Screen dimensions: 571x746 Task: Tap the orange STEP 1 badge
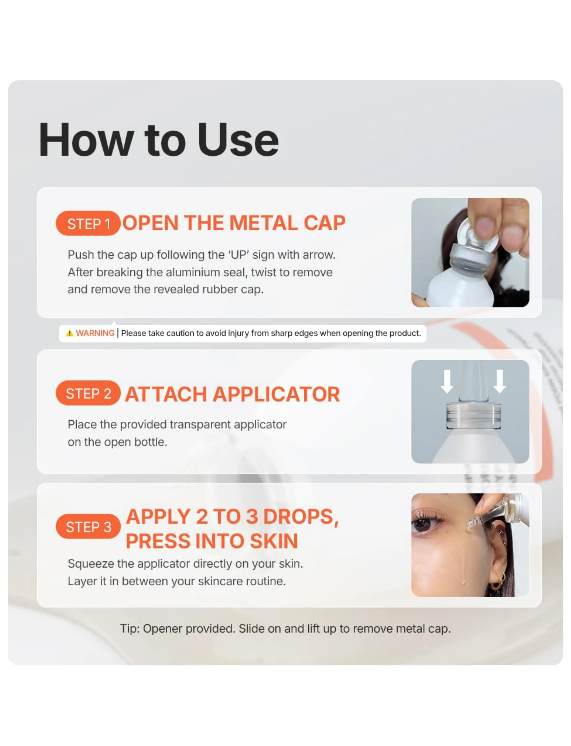click(x=88, y=223)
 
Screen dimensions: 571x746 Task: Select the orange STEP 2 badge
click(x=88, y=393)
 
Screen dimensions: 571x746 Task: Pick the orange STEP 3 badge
click(x=88, y=526)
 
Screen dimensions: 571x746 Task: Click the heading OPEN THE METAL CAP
click(x=234, y=223)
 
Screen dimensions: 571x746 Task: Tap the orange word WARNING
click(x=95, y=333)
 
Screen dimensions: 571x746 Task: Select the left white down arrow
click(x=447, y=381)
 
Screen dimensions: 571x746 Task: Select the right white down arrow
click(x=500, y=381)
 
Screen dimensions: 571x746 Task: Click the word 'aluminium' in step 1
click(x=195, y=272)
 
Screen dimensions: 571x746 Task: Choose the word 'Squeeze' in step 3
click(x=91, y=564)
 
